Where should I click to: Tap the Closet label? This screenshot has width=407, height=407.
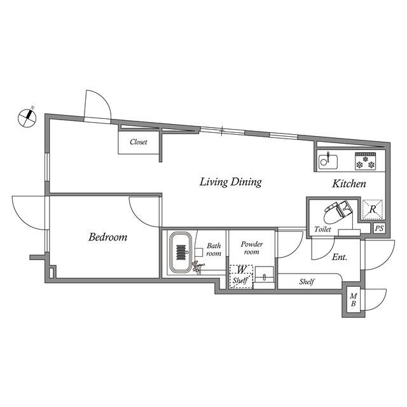click(x=139, y=142)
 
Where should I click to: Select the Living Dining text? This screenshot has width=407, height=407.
click(x=230, y=183)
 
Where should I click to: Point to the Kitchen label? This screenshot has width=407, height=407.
click(x=349, y=184)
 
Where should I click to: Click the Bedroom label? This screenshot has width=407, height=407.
click(x=107, y=237)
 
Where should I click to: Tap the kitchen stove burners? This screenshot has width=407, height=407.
click(x=366, y=162)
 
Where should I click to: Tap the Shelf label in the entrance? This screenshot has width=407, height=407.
click(x=308, y=281)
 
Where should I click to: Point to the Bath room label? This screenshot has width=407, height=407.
click(x=213, y=249)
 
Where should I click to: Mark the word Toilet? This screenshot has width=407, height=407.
click(x=322, y=230)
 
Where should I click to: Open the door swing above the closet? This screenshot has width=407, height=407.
click(x=97, y=106)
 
